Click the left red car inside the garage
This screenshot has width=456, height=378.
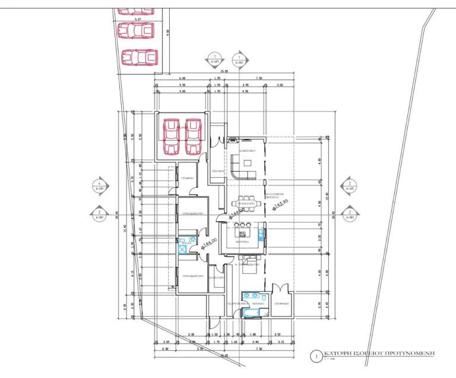pos(171,137)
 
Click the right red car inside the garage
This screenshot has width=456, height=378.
pos(193,137)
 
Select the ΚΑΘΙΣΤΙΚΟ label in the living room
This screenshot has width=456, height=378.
pos(247,152)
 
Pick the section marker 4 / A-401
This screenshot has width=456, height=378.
pos(100,185)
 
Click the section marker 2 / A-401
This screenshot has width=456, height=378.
pos(350,185)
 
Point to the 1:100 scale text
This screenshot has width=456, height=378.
pos(330,358)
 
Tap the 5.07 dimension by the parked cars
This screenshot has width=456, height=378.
pos(138,19)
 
